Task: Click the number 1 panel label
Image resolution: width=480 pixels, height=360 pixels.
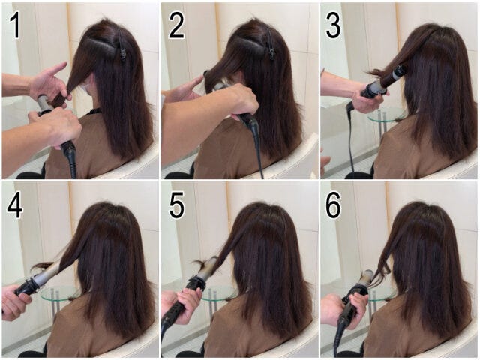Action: pyautogui.click(x=15, y=26)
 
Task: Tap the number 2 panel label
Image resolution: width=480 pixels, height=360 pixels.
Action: pyautogui.click(x=176, y=26)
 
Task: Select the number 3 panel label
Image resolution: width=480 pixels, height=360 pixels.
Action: pyautogui.click(x=333, y=26)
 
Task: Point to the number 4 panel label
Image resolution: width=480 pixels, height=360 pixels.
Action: pyautogui.click(x=15, y=205)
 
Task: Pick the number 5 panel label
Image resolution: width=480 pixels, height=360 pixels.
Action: pyautogui.click(x=177, y=205)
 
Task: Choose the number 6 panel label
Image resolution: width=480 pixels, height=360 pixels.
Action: pyautogui.click(x=333, y=205)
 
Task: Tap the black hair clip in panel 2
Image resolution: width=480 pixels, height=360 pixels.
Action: pyautogui.click(x=271, y=44)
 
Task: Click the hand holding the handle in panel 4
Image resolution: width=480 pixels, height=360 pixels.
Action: pyautogui.click(x=15, y=303)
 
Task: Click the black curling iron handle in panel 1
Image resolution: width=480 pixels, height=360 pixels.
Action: pyautogui.click(x=69, y=156)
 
